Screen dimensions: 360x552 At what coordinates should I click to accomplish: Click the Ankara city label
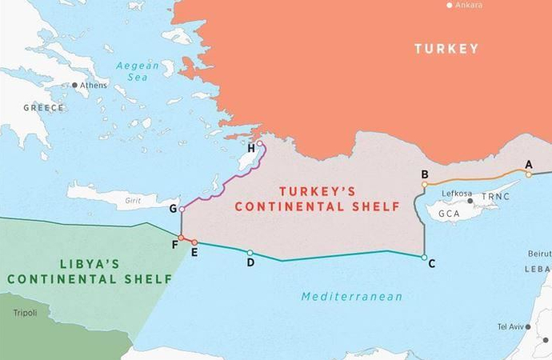point(470,6)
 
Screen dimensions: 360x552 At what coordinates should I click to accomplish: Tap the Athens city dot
point(75,85)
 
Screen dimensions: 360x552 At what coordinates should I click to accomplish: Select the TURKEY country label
point(446,49)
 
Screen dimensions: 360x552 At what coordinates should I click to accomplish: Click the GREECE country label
point(43,107)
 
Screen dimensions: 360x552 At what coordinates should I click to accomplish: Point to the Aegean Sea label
point(138,70)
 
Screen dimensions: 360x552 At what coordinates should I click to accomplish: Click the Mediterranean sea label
point(351,297)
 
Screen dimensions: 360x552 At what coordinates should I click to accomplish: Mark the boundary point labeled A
point(528,174)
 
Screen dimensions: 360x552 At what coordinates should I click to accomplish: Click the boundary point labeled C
point(424,257)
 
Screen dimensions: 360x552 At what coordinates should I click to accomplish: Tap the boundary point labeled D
point(250,253)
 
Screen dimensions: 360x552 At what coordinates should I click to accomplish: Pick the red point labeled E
point(194,242)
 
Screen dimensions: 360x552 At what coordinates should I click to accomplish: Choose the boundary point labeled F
point(182,238)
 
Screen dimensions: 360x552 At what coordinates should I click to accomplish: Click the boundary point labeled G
point(182,210)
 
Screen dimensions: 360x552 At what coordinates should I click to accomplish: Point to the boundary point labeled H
point(259,144)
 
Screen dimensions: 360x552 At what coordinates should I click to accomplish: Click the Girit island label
point(133,201)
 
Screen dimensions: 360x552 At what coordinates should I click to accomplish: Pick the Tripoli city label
point(25,312)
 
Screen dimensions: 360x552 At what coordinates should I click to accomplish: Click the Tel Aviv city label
point(509,326)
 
